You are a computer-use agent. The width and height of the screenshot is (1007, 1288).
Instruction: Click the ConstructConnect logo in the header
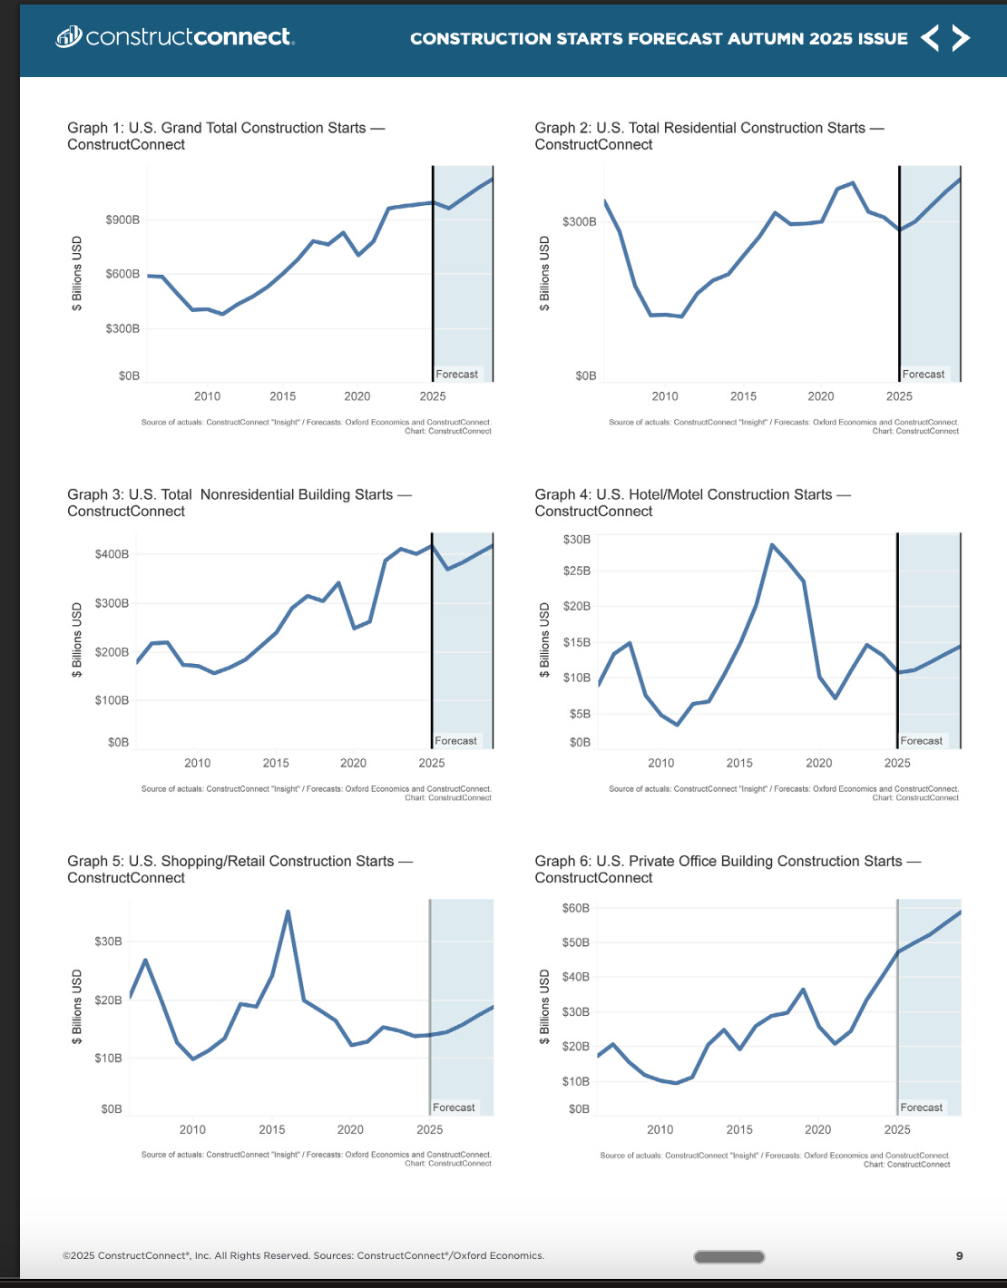pos(175,37)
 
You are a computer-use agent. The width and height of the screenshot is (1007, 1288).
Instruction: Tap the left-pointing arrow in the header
pos(930,38)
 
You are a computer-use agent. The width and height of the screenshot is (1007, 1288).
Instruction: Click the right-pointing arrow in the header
pos(961,38)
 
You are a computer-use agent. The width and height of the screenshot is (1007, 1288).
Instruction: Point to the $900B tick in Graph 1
pos(122,220)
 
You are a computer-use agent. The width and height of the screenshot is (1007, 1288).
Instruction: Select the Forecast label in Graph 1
pos(456,374)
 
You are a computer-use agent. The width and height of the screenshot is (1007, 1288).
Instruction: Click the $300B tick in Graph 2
pos(579,221)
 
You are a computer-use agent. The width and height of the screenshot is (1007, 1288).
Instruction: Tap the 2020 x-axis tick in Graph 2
pos(820,396)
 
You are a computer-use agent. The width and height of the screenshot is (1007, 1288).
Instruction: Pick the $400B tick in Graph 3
pos(112,554)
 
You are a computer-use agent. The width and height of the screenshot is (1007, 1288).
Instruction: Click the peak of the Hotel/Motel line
pos(771,545)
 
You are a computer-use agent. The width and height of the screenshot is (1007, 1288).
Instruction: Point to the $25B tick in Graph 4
pos(577,571)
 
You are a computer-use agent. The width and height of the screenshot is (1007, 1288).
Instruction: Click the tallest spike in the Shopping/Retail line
pos(288,912)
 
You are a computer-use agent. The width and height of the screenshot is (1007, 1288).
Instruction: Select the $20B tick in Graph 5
pos(108,1000)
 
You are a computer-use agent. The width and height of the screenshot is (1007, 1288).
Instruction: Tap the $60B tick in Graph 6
pos(576,908)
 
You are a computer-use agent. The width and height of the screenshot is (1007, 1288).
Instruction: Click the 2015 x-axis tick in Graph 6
pos(739,1129)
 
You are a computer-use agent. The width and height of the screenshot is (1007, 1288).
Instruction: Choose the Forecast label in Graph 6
pos(921,1107)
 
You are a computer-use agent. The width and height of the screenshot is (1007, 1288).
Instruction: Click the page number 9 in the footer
pos(959,1256)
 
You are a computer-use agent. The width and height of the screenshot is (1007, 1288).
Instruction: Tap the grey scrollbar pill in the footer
pos(728,1257)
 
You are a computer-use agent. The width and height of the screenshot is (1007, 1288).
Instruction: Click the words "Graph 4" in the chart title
pos(562,494)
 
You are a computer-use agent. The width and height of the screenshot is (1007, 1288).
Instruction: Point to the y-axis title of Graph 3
pos(77,639)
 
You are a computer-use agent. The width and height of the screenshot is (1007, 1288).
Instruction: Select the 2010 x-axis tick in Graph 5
pos(192,1129)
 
